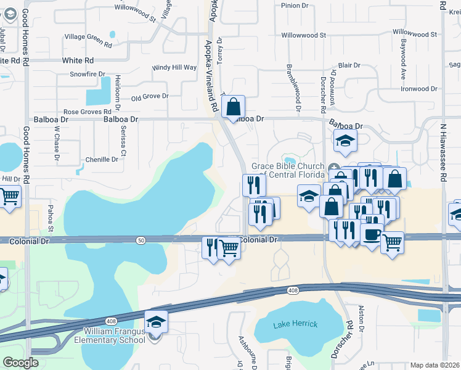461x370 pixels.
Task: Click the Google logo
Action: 20,363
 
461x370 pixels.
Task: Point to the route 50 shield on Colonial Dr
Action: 142,240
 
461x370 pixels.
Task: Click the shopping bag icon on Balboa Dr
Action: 234,107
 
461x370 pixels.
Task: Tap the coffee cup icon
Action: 372,234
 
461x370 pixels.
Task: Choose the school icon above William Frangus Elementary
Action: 156,322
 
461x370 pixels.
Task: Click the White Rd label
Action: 78,60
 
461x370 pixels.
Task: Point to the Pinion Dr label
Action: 294,6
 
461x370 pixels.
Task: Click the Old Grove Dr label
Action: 150,97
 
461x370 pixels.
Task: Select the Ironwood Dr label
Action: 418,89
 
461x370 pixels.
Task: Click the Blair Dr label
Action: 349,65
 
